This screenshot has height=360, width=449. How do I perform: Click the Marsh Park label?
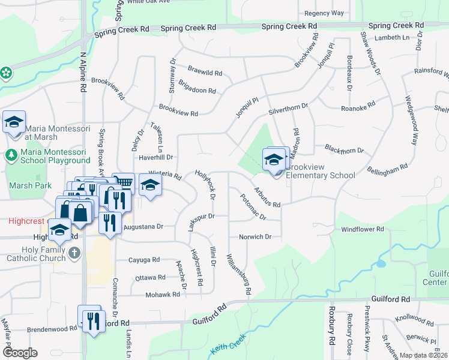coord(26,185)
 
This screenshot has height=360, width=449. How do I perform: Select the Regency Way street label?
coord(324,13)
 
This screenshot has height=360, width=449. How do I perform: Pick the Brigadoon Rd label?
coord(197,91)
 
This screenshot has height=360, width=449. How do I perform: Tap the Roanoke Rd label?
coord(358,109)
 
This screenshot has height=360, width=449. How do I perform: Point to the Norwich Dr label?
coord(255,236)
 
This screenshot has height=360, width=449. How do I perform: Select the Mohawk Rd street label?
coord(163,295)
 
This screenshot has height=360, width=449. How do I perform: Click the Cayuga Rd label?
coord(145,260)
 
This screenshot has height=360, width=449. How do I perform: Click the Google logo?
coord(20,353)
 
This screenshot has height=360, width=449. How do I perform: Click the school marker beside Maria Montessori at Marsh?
coord(14,122)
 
